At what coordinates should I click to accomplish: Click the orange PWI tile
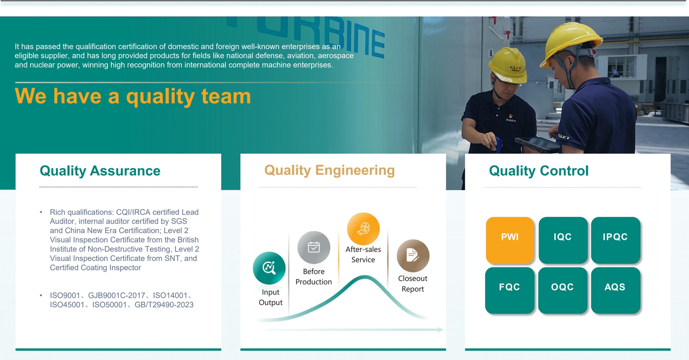point(510,240)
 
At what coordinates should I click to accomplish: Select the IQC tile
point(563,240)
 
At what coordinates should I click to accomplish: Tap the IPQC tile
point(616,240)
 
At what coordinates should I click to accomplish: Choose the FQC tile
point(510,290)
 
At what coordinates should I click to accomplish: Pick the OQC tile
point(563,290)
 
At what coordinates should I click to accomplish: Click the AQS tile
point(616,290)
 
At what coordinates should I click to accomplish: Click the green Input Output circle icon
point(269,268)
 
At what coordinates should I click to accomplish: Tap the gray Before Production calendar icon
point(314,247)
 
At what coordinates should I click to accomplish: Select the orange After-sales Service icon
point(363,229)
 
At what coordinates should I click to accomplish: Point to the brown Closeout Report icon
point(413,256)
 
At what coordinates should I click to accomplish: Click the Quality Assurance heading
point(100,171)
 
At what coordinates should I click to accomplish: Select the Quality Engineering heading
point(329,171)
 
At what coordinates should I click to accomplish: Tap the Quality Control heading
point(539,171)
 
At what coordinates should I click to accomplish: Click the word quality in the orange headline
point(161,97)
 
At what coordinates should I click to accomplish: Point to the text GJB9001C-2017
point(116,296)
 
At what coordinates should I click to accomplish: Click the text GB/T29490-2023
point(164,305)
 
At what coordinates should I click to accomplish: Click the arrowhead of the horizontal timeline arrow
point(440,330)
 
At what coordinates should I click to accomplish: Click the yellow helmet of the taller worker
point(572,40)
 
